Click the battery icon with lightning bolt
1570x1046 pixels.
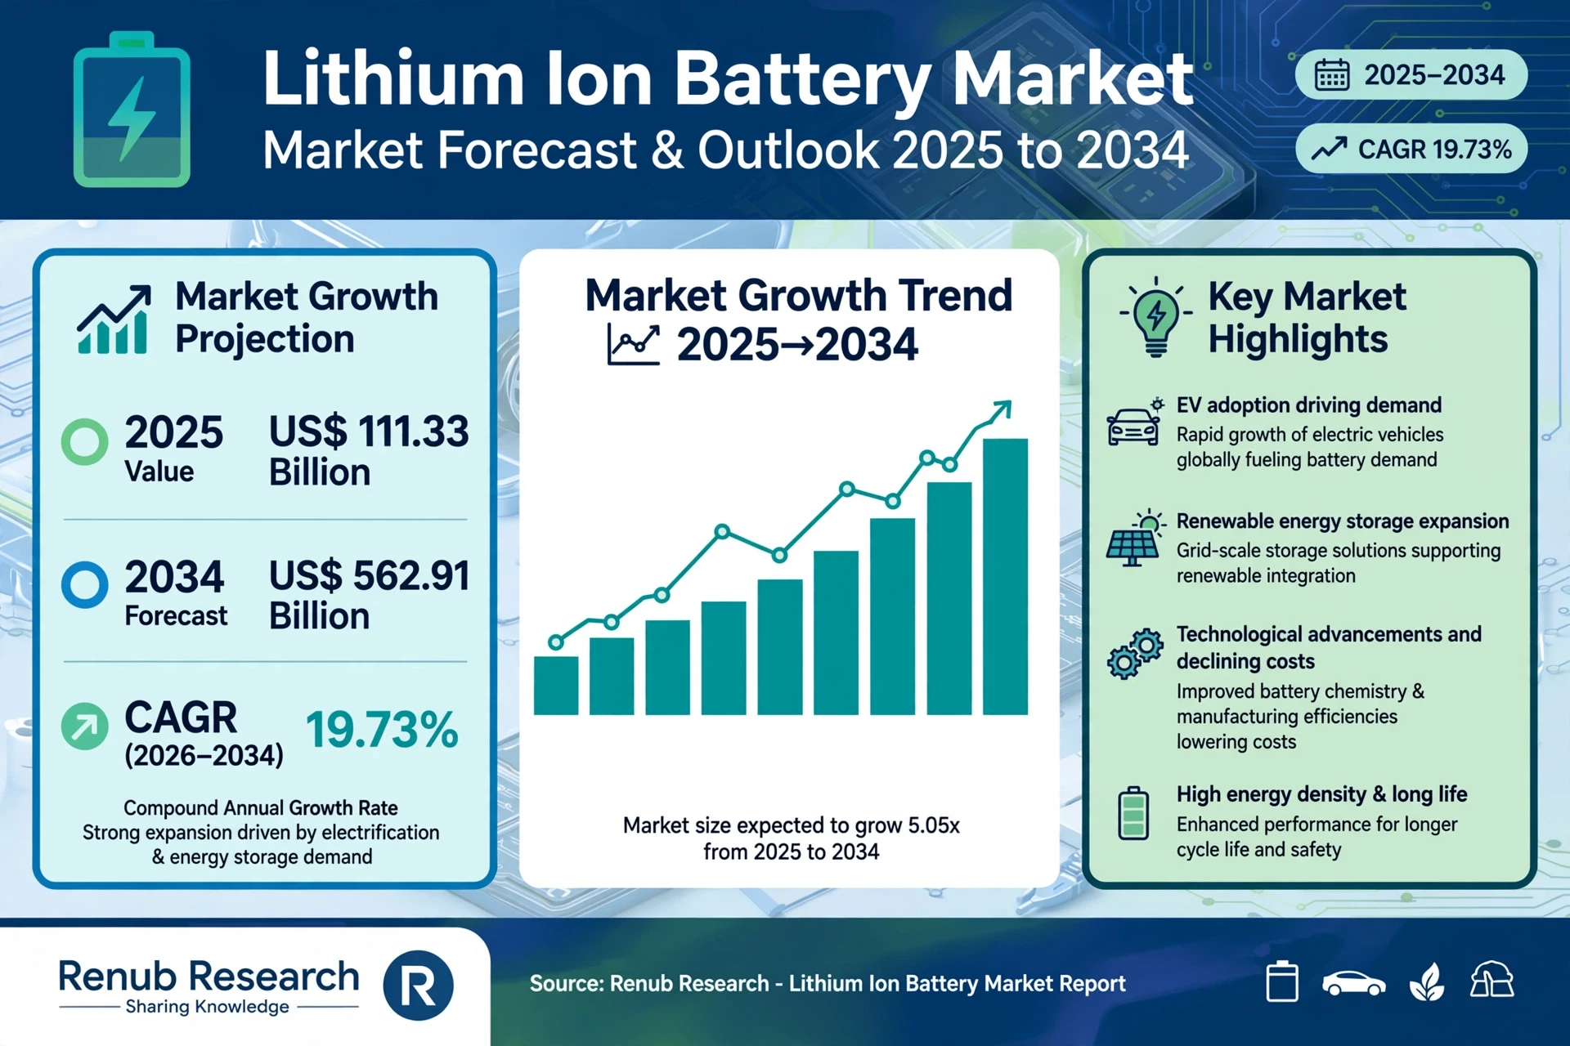pos(132,110)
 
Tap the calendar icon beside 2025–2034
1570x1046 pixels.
pos(1331,75)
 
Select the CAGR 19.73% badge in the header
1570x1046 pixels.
pos(1411,149)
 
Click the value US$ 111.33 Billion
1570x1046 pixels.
pos(369,451)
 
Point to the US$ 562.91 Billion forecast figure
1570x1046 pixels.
pos(369,595)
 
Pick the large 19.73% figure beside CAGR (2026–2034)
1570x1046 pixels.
pos(382,729)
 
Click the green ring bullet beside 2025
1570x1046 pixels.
pos(85,442)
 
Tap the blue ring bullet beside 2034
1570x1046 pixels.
pos(85,585)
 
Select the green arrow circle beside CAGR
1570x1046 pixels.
pos(85,726)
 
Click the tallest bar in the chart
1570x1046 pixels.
pos(1005,577)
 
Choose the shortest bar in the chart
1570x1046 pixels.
pos(556,686)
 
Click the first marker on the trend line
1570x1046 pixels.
pos(556,642)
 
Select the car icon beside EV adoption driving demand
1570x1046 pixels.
pos(1134,423)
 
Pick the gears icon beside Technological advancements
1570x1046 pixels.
pos(1135,654)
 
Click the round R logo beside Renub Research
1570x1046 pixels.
pos(418,986)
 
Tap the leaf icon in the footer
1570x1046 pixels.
pos(1427,981)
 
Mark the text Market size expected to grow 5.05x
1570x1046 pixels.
pos(791,825)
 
